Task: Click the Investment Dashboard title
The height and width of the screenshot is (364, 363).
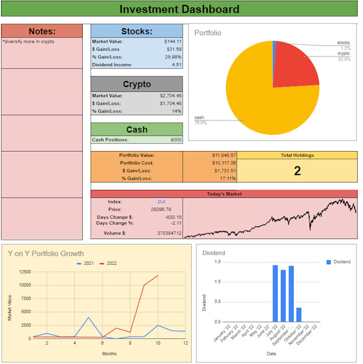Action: [179, 9]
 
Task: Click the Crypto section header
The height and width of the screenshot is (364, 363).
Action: [137, 84]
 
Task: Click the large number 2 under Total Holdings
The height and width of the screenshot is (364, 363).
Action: [297, 171]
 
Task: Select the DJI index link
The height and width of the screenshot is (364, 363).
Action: [161, 202]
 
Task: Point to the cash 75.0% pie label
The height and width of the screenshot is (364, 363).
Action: [201, 120]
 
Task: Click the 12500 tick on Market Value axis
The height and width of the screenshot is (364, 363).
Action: [23, 272]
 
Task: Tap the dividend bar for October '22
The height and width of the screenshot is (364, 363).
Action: [298, 315]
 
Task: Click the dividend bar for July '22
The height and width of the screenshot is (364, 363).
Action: [275, 294]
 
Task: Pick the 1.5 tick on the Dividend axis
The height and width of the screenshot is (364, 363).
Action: [217, 262]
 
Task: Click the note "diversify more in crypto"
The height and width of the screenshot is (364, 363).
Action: [28, 41]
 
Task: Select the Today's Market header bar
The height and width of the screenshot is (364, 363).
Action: [224, 194]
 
